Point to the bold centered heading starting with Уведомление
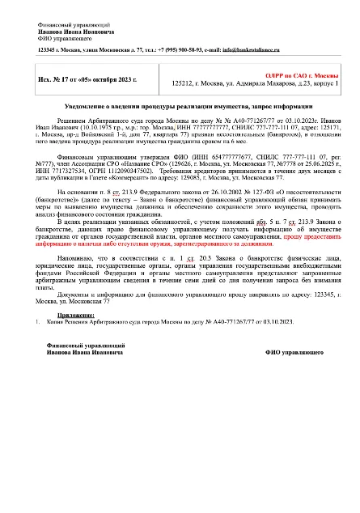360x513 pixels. click(180, 108)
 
